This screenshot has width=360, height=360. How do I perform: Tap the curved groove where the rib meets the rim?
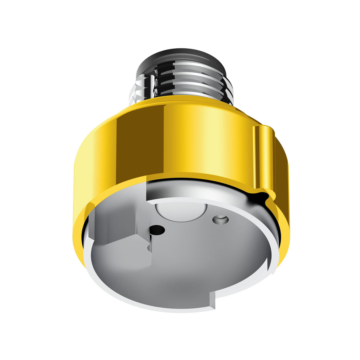click(262, 196)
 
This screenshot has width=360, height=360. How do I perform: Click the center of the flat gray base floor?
click(186, 258)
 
